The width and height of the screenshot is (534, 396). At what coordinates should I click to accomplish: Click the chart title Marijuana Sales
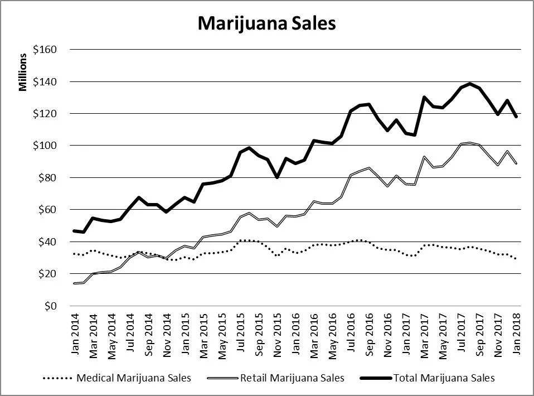[266, 23]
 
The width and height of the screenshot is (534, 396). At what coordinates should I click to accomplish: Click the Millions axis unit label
[23, 72]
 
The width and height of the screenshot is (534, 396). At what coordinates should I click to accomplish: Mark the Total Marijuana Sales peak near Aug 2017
[470, 84]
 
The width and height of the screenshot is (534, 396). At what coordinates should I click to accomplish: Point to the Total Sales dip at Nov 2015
[277, 177]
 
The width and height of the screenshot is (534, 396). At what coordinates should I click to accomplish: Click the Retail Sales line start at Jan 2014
[75, 283]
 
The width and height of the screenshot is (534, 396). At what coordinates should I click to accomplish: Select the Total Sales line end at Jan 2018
[516, 117]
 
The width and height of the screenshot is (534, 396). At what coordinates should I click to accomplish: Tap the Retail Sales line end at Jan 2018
[516, 163]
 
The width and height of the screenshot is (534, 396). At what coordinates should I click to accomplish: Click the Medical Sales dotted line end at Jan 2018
[516, 258]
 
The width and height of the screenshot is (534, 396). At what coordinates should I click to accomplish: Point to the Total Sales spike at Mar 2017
[424, 97]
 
